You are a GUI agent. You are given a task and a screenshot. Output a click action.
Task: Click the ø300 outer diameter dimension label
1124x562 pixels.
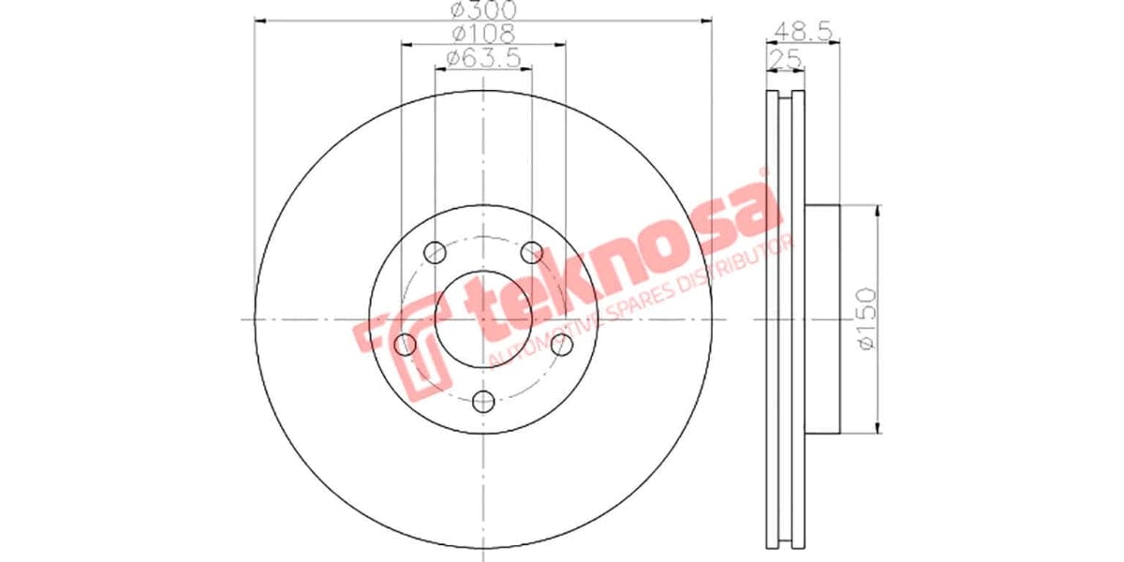pyautogui.click(x=483, y=10)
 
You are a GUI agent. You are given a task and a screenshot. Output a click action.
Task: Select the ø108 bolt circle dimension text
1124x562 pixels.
pyautogui.click(x=483, y=34)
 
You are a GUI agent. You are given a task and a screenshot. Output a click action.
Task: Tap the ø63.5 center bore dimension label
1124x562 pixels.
pyautogui.click(x=483, y=58)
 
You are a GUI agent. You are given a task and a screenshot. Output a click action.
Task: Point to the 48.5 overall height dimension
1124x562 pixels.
pyautogui.click(x=804, y=30)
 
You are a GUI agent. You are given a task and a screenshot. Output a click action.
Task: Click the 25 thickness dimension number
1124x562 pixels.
pyautogui.click(x=787, y=58)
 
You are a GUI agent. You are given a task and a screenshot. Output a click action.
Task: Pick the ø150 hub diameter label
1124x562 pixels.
pyautogui.click(x=865, y=319)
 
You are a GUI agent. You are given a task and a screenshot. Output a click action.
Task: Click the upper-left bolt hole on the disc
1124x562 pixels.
pyautogui.click(x=434, y=251)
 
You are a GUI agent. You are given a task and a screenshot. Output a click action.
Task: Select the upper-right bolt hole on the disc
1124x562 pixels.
pyautogui.click(x=532, y=251)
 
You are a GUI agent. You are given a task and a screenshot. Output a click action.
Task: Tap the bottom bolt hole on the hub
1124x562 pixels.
pyautogui.click(x=483, y=402)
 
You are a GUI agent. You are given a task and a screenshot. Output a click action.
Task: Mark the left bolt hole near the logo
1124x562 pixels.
pyautogui.click(x=405, y=345)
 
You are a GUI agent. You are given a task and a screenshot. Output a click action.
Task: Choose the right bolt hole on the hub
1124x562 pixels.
pyautogui.click(x=562, y=345)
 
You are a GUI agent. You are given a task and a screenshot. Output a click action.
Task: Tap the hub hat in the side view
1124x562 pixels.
pyautogui.click(x=822, y=319)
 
